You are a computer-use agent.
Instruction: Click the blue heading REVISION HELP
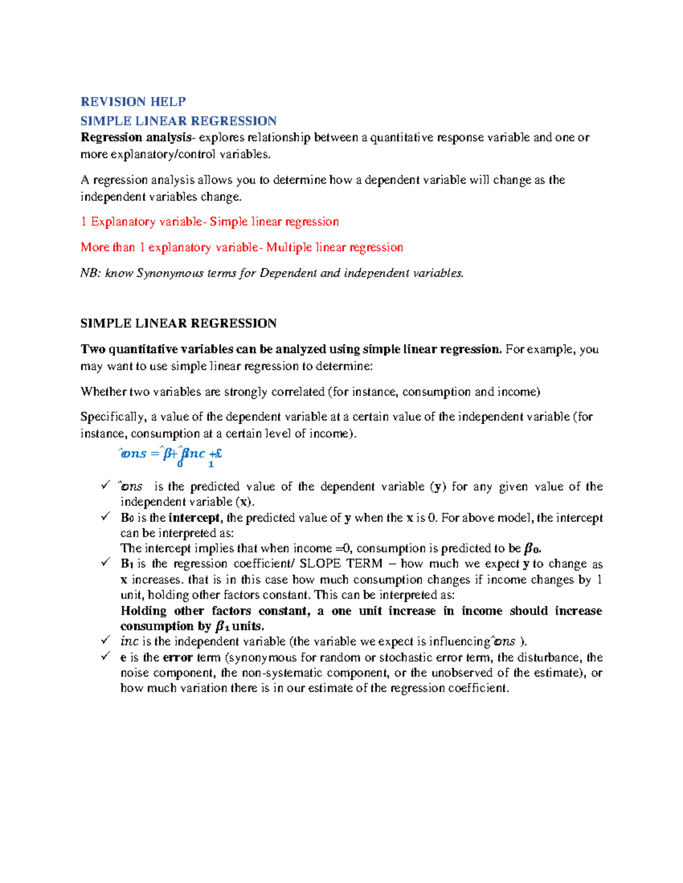[x=133, y=102]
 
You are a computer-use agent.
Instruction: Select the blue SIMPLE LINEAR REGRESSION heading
[x=178, y=121]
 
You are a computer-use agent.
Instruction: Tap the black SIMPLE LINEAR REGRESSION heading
[x=178, y=324]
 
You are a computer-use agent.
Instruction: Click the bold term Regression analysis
[x=135, y=138]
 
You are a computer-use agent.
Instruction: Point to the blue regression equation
[x=170, y=454]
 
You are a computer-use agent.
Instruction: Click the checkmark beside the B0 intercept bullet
[x=105, y=517]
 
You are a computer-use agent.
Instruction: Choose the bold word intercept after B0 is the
[x=194, y=518]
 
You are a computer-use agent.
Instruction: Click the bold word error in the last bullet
[x=178, y=658]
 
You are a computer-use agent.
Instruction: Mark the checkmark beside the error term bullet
[x=105, y=656]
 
